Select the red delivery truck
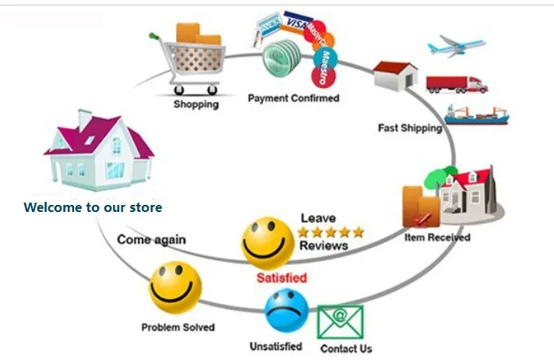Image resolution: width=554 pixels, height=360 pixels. [457, 83]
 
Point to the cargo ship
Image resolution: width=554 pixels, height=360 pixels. [477, 115]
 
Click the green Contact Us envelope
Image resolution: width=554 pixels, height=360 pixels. [340, 322]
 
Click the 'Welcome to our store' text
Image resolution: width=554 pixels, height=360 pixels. [93, 207]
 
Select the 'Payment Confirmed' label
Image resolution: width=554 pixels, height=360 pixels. [293, 98]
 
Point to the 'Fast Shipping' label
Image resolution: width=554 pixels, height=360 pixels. [410, 128]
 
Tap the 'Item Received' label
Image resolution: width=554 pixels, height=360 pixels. [437, 237]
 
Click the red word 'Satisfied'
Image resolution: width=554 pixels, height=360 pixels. [281, 277]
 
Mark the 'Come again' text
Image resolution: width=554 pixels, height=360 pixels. [151, 239]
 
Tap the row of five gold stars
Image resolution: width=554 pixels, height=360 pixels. [330, 231]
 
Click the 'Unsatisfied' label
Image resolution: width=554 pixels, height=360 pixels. [275, 346]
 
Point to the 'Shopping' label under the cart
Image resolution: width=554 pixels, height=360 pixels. [196, 104]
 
